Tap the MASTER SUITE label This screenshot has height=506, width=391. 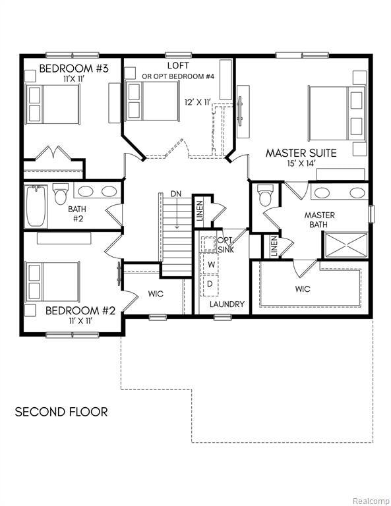tap(301, 153)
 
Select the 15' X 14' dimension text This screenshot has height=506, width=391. tap(301, 164)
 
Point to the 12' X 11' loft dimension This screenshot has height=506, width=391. tap(198, 102)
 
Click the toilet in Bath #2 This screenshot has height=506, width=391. tap(61, 194)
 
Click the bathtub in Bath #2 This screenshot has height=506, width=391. tap(36, 204)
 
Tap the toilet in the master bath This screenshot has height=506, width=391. tap(266, 196)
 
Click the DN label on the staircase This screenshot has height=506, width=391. tap(176, 194)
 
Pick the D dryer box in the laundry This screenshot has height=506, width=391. tap(210, 283)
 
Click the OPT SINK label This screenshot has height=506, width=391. tap(225, 244)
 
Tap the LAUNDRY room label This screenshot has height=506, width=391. tap(227, 304)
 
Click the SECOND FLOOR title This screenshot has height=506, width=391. tap(61, 412)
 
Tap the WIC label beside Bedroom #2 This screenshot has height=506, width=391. tap(156, 294)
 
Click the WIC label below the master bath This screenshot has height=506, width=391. tap(303, 289)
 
